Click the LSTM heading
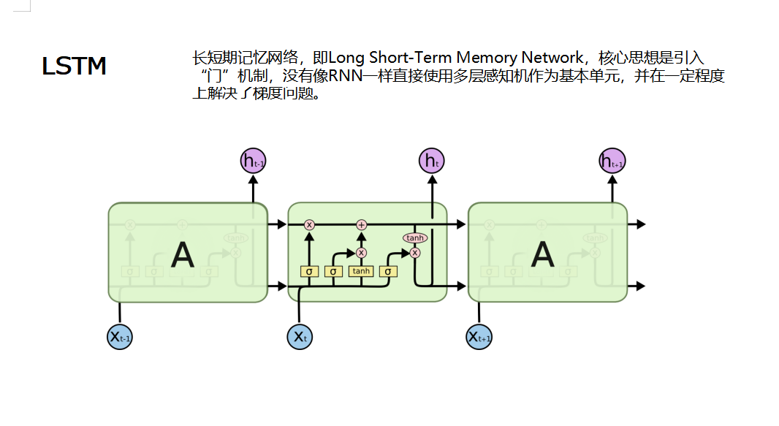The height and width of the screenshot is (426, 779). coord(74,66)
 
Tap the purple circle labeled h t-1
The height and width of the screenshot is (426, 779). coord(253,161)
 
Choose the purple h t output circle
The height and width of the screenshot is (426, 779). coord(432,161)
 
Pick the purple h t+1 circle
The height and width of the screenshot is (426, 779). coord(612,161)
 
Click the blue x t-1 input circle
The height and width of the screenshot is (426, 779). coord(119,337)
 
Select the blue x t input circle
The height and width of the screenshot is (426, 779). coord(299,337)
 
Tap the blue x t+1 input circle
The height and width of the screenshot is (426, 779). coord(479,337)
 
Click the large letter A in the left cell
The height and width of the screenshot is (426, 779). coord(183,255)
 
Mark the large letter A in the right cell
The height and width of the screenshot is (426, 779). coord(542,255)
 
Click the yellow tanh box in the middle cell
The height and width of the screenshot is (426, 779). coord(361,271)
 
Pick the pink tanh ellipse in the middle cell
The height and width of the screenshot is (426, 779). coord(415,237)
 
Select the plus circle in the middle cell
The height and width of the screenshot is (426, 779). coord(361,224)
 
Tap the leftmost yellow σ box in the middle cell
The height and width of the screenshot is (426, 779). coord(309,271)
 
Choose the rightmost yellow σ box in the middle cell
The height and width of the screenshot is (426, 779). coord(389,271)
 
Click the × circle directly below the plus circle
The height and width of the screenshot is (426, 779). coord(361,252)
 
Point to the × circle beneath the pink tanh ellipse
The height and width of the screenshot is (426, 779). coord(415,253)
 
